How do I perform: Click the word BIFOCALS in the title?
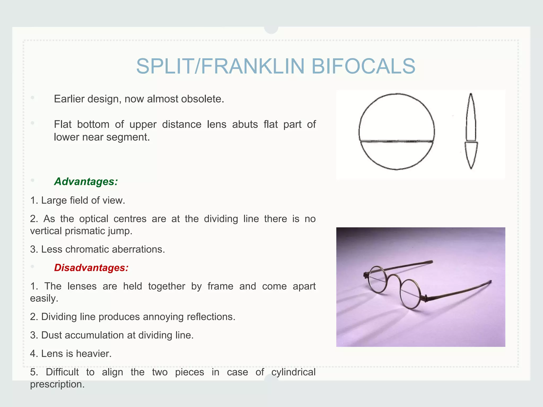pyautogui.click(x=363, y=66)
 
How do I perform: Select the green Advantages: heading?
pyautogui.click(x=86, y=182)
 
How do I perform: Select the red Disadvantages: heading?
pyautogui.click(x=91, y=268)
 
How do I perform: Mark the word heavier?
pyautogui.click(x=94, y=353)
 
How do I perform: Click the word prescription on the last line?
pyautogui.click(x=57, y=384)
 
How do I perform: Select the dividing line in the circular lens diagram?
pyautogui.click(x=397, y=141)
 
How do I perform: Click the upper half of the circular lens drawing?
pyautogui.click(x=397, y=117)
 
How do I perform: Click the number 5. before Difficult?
pyautogui.click(x=34, y=372)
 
